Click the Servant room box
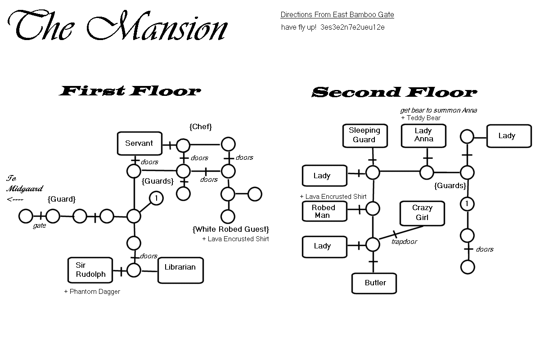[139, 144]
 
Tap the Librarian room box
[180, 270]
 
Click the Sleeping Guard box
[364, 135]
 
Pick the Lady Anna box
[423, 135]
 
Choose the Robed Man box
[324, 211]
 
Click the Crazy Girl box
[422, 213]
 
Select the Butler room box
[374, 283]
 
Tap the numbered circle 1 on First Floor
[156, 198]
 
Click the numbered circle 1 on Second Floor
[467, 204]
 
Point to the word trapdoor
[405, 242]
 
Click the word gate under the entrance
[40, 226]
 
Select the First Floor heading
[130, 91]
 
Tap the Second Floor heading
[394, 92]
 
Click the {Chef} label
[201, 127]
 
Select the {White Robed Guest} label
[231, 229]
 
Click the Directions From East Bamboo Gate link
[337, 14]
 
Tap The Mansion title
[118, 28]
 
